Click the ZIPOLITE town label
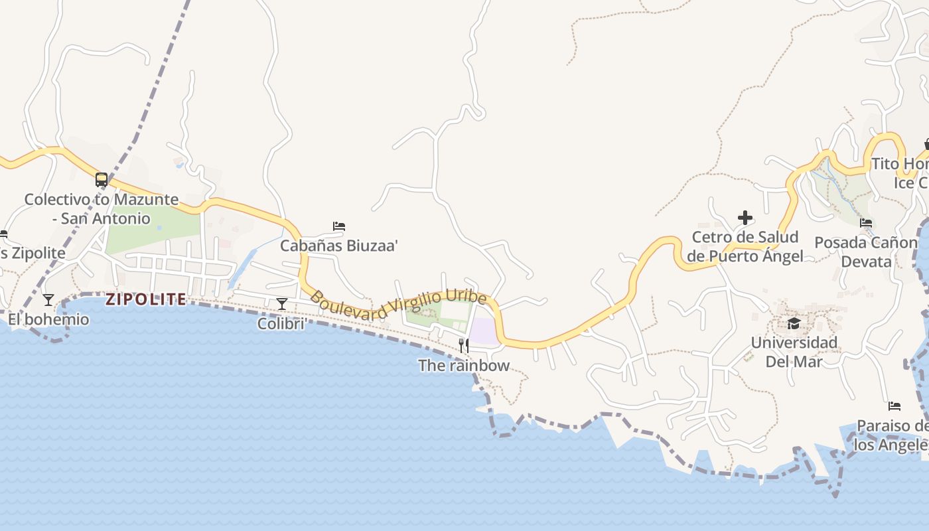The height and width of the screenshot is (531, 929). (x=146, y=299)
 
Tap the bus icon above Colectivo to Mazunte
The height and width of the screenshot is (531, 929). (x=102, y=179)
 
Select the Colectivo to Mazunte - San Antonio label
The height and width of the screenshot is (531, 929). (x=102, y=208)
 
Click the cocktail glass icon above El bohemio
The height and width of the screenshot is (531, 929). (x=48, y=300)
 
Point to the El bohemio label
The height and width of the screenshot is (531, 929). (x=48, y=319)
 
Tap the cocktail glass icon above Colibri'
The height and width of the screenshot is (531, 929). (x=282, y=304)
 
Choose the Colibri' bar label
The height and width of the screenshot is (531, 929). (x=282, y=323)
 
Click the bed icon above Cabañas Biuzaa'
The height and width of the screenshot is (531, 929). (x=339, y=226)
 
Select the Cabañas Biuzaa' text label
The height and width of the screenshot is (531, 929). (x=339, y=246)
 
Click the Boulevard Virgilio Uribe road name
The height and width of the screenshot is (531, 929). (x=398, y=306)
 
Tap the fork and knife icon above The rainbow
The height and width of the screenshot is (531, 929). (x=464, y=345)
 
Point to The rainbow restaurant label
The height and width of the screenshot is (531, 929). (x=464, y=365)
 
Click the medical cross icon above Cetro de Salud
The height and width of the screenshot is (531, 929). (x=745, y=217)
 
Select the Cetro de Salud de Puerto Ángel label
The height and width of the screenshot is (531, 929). (x=745, y=246)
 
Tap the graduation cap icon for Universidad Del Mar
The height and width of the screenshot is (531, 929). (x=794, y=323)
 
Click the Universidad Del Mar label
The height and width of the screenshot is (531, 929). (x=794, y=352)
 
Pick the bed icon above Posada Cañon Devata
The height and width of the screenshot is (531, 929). (x=866, y=223)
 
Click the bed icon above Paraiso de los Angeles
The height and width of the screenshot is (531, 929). (x=894, y=406)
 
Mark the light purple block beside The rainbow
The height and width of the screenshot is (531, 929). (x=484, y=331)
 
